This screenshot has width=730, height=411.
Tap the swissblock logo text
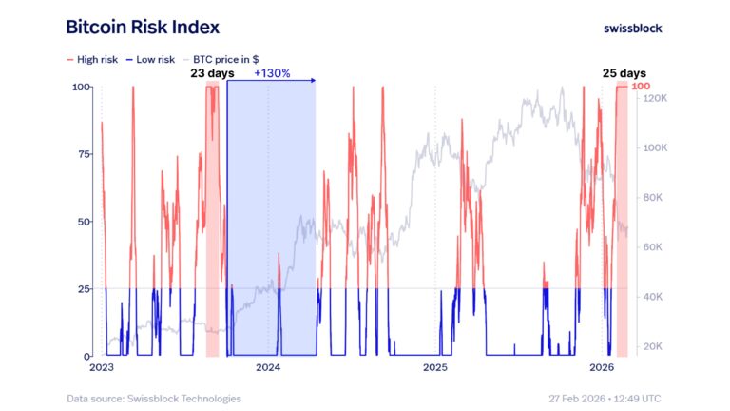click(x=633, y=28)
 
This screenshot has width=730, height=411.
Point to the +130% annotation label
click(x=271, y=72)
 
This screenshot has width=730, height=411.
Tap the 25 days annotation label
click(x=624, y=72)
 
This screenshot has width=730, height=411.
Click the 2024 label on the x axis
click(x=269, y=367)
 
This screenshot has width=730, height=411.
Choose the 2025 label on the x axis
click(x=435, y=367)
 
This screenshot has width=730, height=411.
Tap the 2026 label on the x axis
click(x=601, y=367)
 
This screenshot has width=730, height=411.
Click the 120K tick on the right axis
click(x=657, y=98)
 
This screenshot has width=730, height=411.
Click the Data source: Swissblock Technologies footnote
click(x=154, y=398)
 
